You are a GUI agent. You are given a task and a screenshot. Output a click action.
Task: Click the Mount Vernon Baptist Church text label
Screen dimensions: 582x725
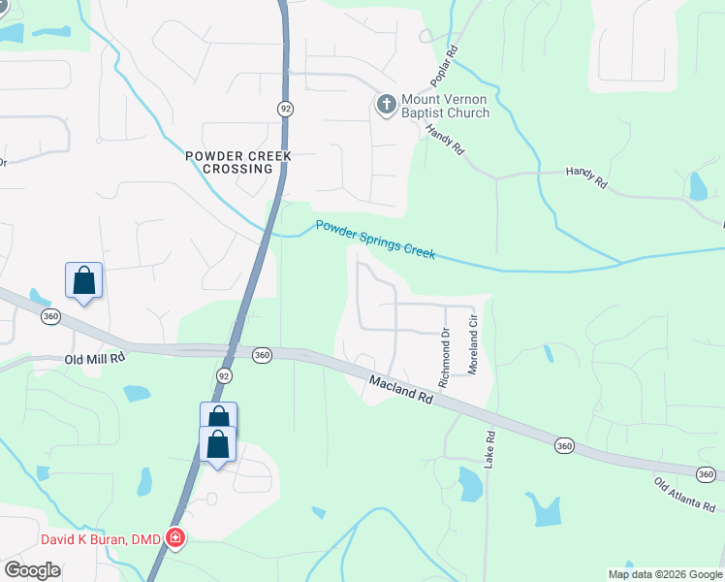coord(447,106)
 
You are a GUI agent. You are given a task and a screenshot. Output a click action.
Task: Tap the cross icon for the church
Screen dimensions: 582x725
coord(386,105)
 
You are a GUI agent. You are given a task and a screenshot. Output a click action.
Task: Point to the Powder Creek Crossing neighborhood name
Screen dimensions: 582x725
coord(231,161)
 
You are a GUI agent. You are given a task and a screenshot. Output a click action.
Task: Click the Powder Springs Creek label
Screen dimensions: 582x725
coord(375,240)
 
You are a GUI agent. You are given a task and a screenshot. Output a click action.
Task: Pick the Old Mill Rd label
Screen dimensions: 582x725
coord(95,358)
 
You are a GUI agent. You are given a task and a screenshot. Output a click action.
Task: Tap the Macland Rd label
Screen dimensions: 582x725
coord(399,391)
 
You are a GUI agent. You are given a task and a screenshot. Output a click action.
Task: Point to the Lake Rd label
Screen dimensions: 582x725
coord(490,448)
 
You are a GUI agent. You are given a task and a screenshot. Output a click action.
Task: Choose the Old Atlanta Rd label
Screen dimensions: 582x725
coord(687,495)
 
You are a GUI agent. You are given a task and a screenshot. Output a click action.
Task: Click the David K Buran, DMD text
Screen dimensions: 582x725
coord(101,538)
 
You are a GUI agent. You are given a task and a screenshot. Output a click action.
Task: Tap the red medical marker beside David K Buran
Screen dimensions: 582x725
coord(175,537)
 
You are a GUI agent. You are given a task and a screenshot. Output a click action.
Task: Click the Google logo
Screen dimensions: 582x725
coord(33,569)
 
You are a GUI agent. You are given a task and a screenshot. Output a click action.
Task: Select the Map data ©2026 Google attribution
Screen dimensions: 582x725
coord(665,574)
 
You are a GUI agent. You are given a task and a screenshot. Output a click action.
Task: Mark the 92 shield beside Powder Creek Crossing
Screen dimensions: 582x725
coord(285,109)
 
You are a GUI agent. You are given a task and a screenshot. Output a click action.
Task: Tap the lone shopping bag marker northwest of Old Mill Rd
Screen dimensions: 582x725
coord(84,281)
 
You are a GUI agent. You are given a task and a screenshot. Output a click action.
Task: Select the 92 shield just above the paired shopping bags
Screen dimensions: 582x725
coord(224,375)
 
